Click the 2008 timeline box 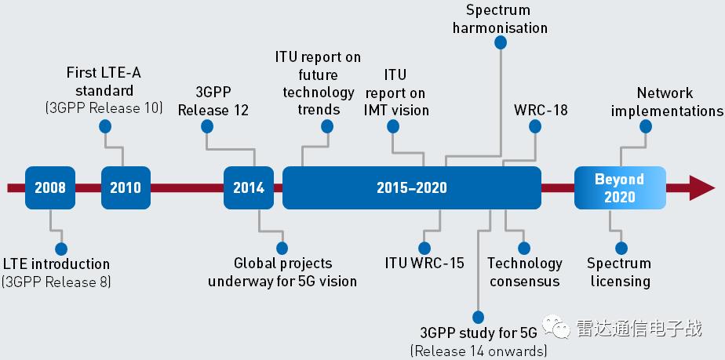click(x=50, y=188)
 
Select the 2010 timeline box click(x=126, y=188)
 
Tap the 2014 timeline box click(x=249, y=188)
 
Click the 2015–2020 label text click(x=411, y=188)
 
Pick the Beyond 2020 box click(x=619, y=188)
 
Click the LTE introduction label click(x=56, y=264)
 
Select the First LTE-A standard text click(x=104, y=81)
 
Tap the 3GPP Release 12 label click(x=213, y=101)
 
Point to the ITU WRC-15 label click(x=424, y=263)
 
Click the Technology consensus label click(x=525, y=272)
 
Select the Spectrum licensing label click(x=619, y=272)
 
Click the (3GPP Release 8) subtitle click(x=56, y=281)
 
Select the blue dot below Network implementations click(x=646, y=126)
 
